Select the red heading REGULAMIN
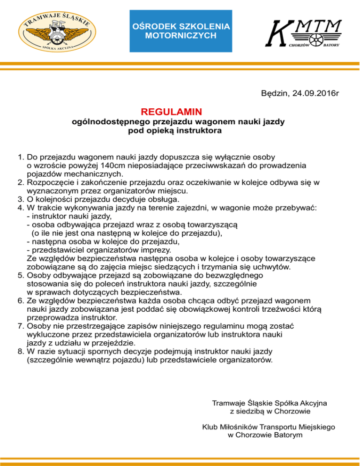pos(171,113)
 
